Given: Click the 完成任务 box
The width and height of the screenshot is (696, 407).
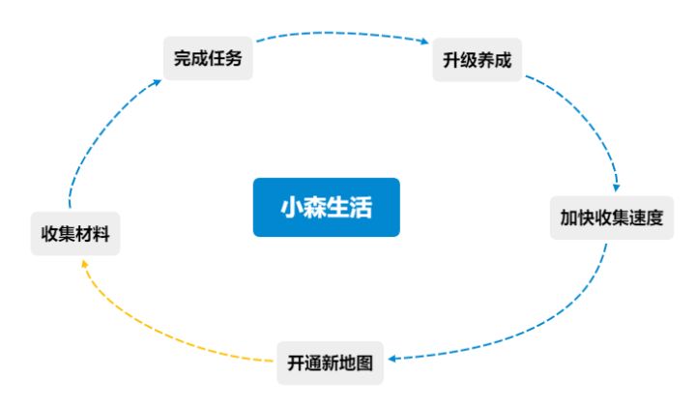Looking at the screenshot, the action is [x=208, y=58].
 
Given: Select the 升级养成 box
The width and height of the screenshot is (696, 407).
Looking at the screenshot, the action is [x=478, y=60].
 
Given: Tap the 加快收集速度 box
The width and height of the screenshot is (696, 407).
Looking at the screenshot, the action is [x=612, y=218].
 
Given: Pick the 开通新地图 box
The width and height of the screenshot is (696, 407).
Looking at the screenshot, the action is [x=330, y=363].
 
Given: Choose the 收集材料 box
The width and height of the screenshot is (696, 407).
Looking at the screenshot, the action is [x=75, y=233].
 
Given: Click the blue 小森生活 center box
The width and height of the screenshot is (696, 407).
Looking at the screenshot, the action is [x=327, y=207].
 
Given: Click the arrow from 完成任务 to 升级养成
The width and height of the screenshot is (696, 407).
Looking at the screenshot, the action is [x=342, y=33].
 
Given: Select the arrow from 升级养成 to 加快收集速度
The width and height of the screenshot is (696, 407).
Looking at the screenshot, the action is [x=591, y=119].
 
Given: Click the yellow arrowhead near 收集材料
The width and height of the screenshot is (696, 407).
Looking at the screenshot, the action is [x=84, y=264].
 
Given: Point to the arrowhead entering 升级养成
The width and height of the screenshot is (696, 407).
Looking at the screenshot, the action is [x=424, y=42].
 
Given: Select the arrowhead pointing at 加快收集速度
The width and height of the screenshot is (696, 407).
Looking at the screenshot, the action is [x=617, y=188].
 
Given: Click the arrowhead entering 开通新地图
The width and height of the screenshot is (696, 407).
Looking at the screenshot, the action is [x=392, y=359].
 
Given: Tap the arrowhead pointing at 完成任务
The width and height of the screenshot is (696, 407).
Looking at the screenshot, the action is [x=158, y=82].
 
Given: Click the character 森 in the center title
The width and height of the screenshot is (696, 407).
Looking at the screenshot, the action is [x=315, y=207].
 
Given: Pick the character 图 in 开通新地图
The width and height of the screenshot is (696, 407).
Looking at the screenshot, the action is [x=364, y=363].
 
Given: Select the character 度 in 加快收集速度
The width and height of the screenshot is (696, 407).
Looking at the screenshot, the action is [x=654, y=218].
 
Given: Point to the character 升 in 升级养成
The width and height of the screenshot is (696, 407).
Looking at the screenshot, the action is [x=451, y=60].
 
